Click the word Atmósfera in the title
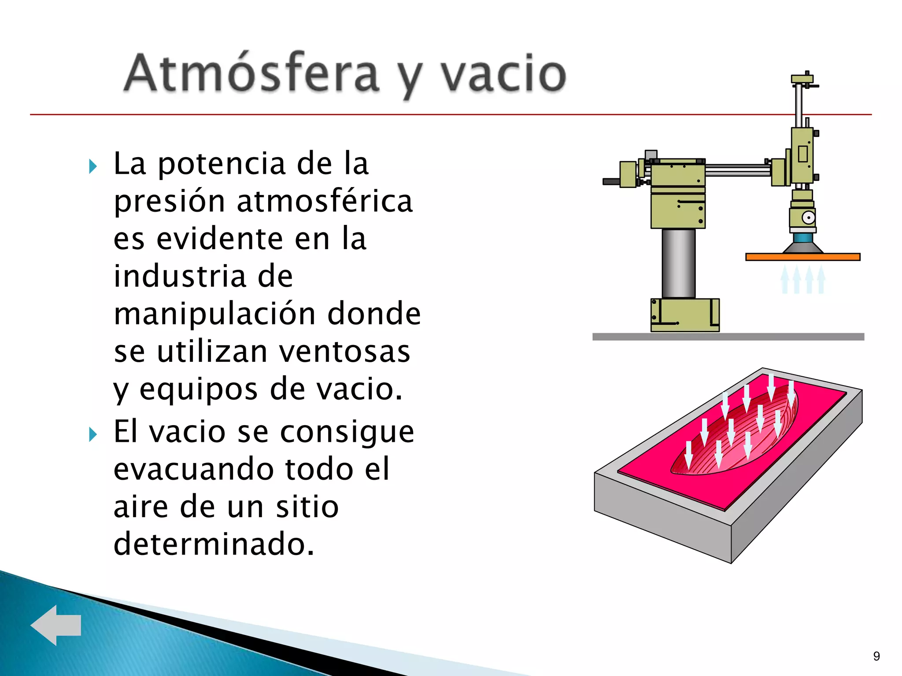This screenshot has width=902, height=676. [251, 74]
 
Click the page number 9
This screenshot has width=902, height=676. [876, 656]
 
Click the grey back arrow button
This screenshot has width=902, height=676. [56, 625]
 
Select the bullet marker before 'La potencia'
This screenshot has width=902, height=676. [92, 166]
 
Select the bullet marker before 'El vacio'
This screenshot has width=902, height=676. [92, 434]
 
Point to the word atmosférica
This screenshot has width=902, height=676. [325, 202]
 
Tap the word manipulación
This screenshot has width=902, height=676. [214, 314]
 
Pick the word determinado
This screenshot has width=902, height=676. [214, 544]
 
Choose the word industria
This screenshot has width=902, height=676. [179, 277]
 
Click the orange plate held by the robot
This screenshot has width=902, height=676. [802, 257]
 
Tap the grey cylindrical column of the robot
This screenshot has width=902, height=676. [678, 263]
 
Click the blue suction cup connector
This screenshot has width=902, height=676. [802, 238]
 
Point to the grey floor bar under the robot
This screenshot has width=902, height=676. [728, 337]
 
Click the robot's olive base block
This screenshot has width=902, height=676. [684, 315]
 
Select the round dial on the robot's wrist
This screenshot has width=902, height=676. [808, 217]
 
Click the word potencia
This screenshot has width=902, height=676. [222, 164]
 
